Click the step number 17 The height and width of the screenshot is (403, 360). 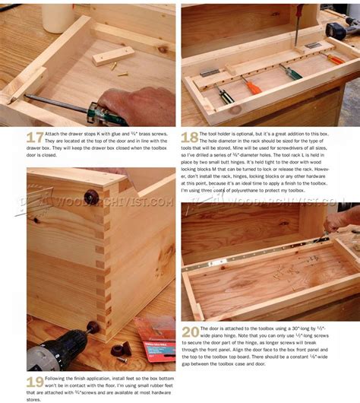point(35,138)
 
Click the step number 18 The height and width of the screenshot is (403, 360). point(190,138)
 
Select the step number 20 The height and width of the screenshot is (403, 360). point(190,332)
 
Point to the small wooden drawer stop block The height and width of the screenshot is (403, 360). point(113,55)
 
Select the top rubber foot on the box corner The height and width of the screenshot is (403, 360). point(91,197)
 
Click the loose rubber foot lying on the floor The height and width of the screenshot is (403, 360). point(120,351)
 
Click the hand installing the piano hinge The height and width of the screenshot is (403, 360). point(342,220)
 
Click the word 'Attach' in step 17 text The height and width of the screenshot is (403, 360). point(58,134)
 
